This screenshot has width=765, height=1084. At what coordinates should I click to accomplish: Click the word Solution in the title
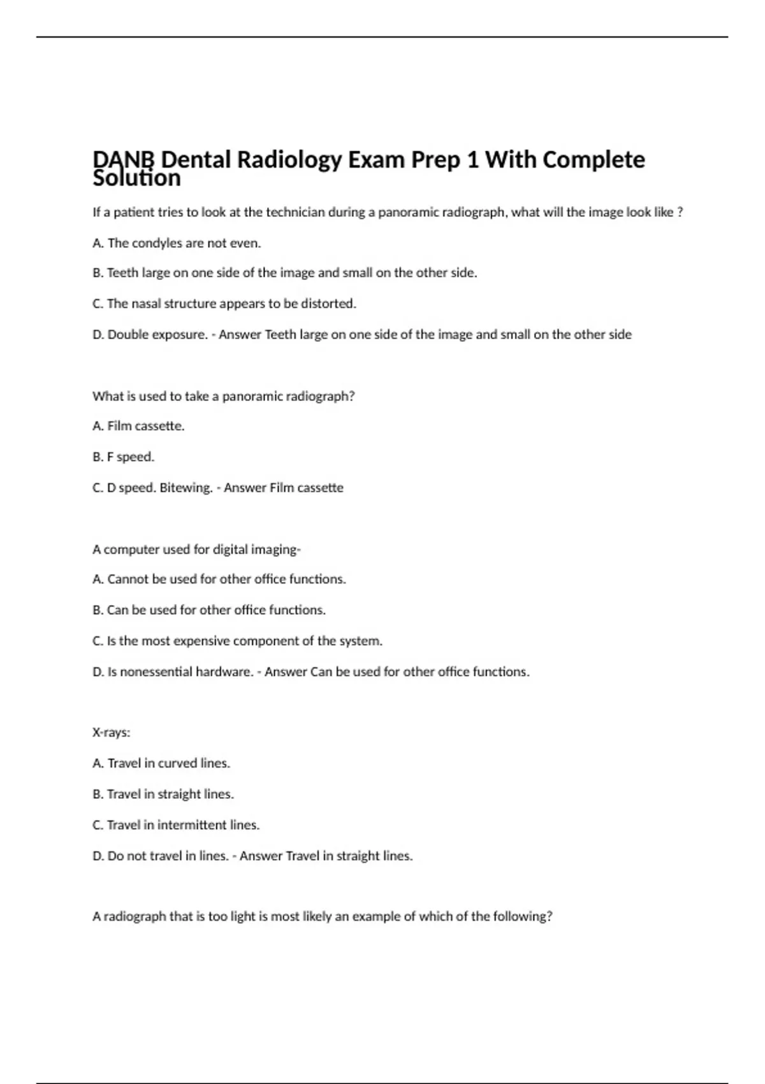[x=136, y=179]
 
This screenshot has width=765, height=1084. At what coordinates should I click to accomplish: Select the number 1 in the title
[x=472, y=159]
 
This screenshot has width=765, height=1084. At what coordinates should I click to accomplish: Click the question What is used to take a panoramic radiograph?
[x=223, y=396]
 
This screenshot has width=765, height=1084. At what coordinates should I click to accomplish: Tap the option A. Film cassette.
[x=138, y=426]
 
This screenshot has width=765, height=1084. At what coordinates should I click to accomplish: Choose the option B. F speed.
[x=123, y=457]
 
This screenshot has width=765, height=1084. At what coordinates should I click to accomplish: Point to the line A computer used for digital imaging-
[x=196, y=550]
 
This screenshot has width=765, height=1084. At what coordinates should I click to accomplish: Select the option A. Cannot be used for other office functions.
[x=219, y=580]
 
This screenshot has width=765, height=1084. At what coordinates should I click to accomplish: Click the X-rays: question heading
[x=111, y=733]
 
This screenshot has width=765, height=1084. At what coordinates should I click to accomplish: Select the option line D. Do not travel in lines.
[x=161, y=856]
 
